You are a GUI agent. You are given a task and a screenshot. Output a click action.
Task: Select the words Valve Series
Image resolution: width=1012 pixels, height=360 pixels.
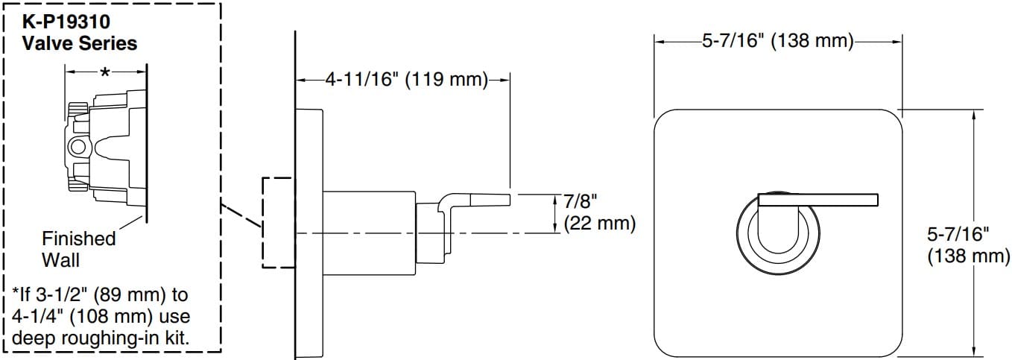(x=80, y=43)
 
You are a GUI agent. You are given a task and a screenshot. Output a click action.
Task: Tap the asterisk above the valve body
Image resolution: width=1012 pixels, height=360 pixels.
(x=105, y=72)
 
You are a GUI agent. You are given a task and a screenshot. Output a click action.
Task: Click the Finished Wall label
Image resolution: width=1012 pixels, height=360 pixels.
(x=78, y=249)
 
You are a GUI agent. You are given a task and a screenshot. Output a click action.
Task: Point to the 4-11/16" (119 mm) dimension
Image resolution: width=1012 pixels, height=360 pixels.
(x=405, y=79)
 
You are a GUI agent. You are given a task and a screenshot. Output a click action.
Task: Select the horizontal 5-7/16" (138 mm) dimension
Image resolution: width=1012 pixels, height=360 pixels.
(x=778, y=41)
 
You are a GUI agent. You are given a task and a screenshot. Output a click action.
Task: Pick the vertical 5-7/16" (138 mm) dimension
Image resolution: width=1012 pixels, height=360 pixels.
(x=967, y=244)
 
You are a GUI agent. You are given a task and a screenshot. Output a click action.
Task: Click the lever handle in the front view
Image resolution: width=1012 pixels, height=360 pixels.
(x=817, y=199)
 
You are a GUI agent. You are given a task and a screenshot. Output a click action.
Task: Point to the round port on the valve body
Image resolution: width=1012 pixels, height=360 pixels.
(x=78, y=145)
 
